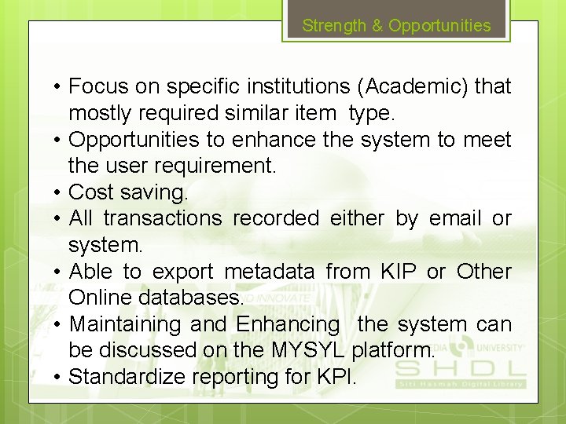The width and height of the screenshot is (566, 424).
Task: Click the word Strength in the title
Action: (334, 25)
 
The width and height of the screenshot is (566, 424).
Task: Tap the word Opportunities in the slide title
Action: (439, 25)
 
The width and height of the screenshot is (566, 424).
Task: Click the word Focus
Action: (97, 86)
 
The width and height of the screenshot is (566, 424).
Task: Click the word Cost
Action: (91, 192)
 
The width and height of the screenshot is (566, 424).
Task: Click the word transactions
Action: (163, 218)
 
